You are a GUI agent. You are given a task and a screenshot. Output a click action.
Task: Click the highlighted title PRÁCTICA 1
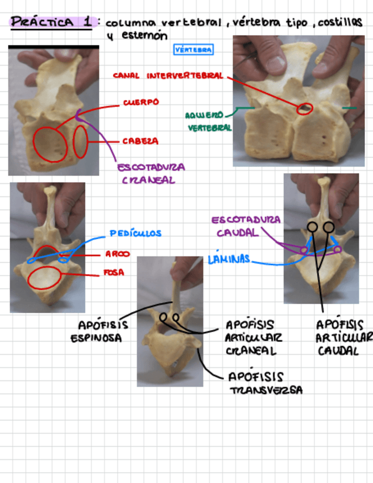pos(51,23)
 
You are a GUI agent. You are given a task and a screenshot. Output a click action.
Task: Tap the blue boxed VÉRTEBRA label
pos(193,50)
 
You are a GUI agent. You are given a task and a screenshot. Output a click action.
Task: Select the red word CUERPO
pos(140,103)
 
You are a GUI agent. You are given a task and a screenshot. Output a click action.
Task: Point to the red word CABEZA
pos(140,141)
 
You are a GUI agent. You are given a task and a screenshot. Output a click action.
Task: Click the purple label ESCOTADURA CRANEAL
pos(151,174)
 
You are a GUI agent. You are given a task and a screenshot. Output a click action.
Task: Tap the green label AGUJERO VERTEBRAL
pos(209,121)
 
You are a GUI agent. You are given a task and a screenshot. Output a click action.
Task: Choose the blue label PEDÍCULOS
pos(135,233)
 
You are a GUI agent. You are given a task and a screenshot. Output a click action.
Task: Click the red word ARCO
pos(117,254)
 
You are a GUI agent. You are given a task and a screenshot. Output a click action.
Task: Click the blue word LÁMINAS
pos(229,259)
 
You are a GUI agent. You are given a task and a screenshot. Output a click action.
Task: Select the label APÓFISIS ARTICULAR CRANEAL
pos(250,338)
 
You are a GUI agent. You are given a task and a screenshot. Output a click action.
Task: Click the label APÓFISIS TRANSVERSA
pos(265,383)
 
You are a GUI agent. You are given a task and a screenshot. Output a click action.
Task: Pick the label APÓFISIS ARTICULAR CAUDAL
pos(341,338)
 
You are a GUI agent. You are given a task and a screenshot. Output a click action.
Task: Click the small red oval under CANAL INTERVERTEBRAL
pos(305,108)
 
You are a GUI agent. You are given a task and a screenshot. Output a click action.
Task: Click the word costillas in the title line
pos(340,23)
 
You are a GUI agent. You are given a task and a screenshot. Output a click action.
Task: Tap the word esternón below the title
pos(145,35)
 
